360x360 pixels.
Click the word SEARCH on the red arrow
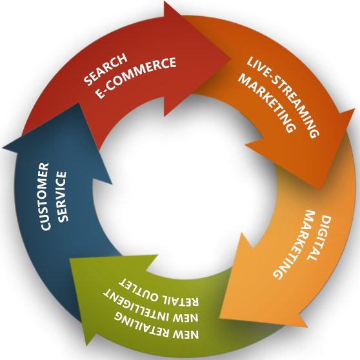pos(105,69)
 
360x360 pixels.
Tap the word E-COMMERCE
pos(135,77)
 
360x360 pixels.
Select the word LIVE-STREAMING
pos(283,97)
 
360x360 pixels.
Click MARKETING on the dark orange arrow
pos(266,103)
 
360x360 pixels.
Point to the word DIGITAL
pos(320,237)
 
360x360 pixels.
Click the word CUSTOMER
pos(45,196)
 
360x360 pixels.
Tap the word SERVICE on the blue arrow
pos(62,197)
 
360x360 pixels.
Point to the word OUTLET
pos(139,290)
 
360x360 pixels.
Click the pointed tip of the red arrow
pos(230,59)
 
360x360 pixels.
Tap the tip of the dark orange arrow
pos(321,190)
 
